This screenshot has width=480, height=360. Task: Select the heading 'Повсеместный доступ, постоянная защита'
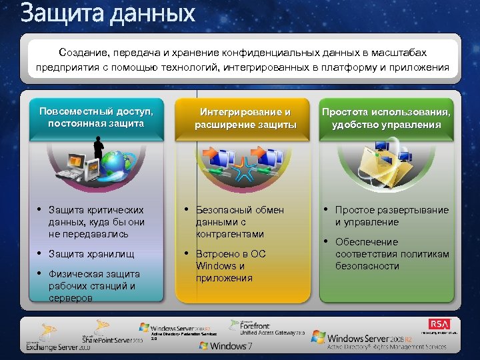point(101,117)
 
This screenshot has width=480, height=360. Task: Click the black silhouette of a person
point(99,148)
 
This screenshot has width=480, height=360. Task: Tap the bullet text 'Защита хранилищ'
point(91,254)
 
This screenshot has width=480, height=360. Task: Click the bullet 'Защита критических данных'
point(96,222)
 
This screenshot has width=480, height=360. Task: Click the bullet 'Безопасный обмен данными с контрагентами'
point(240,222)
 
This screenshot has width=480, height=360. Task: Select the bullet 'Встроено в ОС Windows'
point(231,265)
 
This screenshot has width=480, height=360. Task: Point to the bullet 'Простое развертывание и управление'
point(391,216)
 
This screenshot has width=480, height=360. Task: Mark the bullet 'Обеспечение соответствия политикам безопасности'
point(392,254)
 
